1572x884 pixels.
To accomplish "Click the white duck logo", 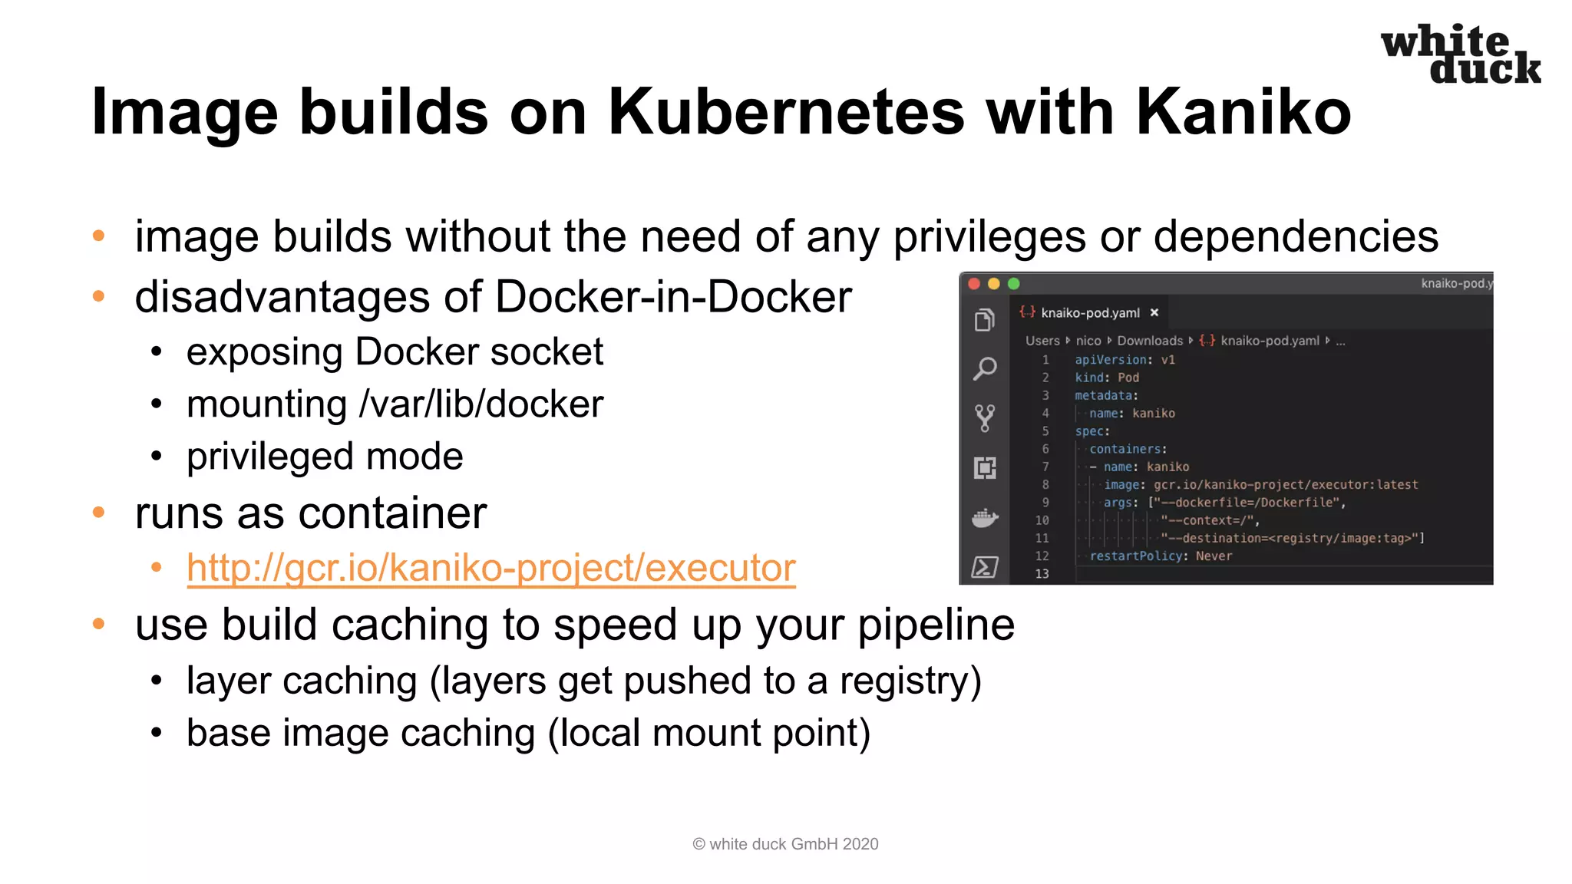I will [1460, 54].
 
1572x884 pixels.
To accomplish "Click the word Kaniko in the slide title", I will [1243, 112].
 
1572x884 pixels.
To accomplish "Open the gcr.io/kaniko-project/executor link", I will [490, 569].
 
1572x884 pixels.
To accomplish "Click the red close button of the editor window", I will [974, 284].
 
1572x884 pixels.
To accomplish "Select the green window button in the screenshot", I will [1013, 284].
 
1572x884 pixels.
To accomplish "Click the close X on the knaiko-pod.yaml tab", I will [1154, 312].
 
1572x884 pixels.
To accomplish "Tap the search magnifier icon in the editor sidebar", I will [985, 369].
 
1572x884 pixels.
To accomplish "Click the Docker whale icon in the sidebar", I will [985, 519].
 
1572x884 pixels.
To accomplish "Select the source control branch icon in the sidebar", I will [985, 418].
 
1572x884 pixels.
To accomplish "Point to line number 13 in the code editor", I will [1042, 574].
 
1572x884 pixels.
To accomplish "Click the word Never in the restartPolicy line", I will [1214, 556].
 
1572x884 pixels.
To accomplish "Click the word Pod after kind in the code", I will [1128, 378].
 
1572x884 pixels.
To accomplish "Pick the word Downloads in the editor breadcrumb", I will [1150, 341].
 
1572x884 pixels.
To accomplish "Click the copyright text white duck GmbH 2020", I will [785, 844].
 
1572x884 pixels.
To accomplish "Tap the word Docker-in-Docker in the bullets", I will [673, 297].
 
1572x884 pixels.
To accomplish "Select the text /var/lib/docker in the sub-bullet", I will [481, 404].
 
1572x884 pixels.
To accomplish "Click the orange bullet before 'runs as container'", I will [98, 512].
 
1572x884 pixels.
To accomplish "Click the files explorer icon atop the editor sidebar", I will [985, 319].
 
